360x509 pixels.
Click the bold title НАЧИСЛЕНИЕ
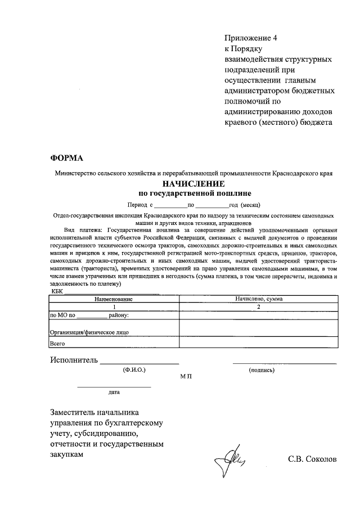pos(194,184)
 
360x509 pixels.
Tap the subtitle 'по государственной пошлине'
pos(194,193)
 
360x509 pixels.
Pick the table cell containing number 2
pos(259,307)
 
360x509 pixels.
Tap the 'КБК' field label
pos(57,291)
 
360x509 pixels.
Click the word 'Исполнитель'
pos(74,360)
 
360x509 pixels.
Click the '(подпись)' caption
pos(261,371)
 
